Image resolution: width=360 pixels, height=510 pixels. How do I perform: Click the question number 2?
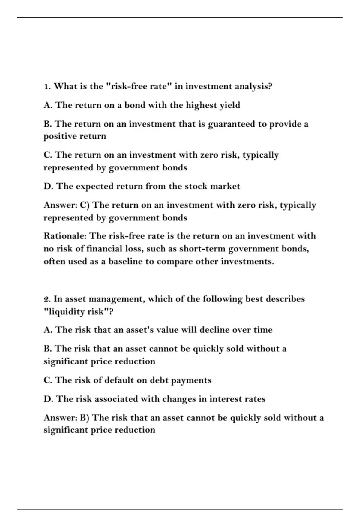click(x=46, y=299)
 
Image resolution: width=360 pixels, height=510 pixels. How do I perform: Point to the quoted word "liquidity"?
click(x=66, y=312)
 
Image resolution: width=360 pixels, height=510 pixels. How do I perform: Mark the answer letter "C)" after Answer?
click(x=85, y=205)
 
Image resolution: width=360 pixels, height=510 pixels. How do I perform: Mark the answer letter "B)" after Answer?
click(x=85, y=418)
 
